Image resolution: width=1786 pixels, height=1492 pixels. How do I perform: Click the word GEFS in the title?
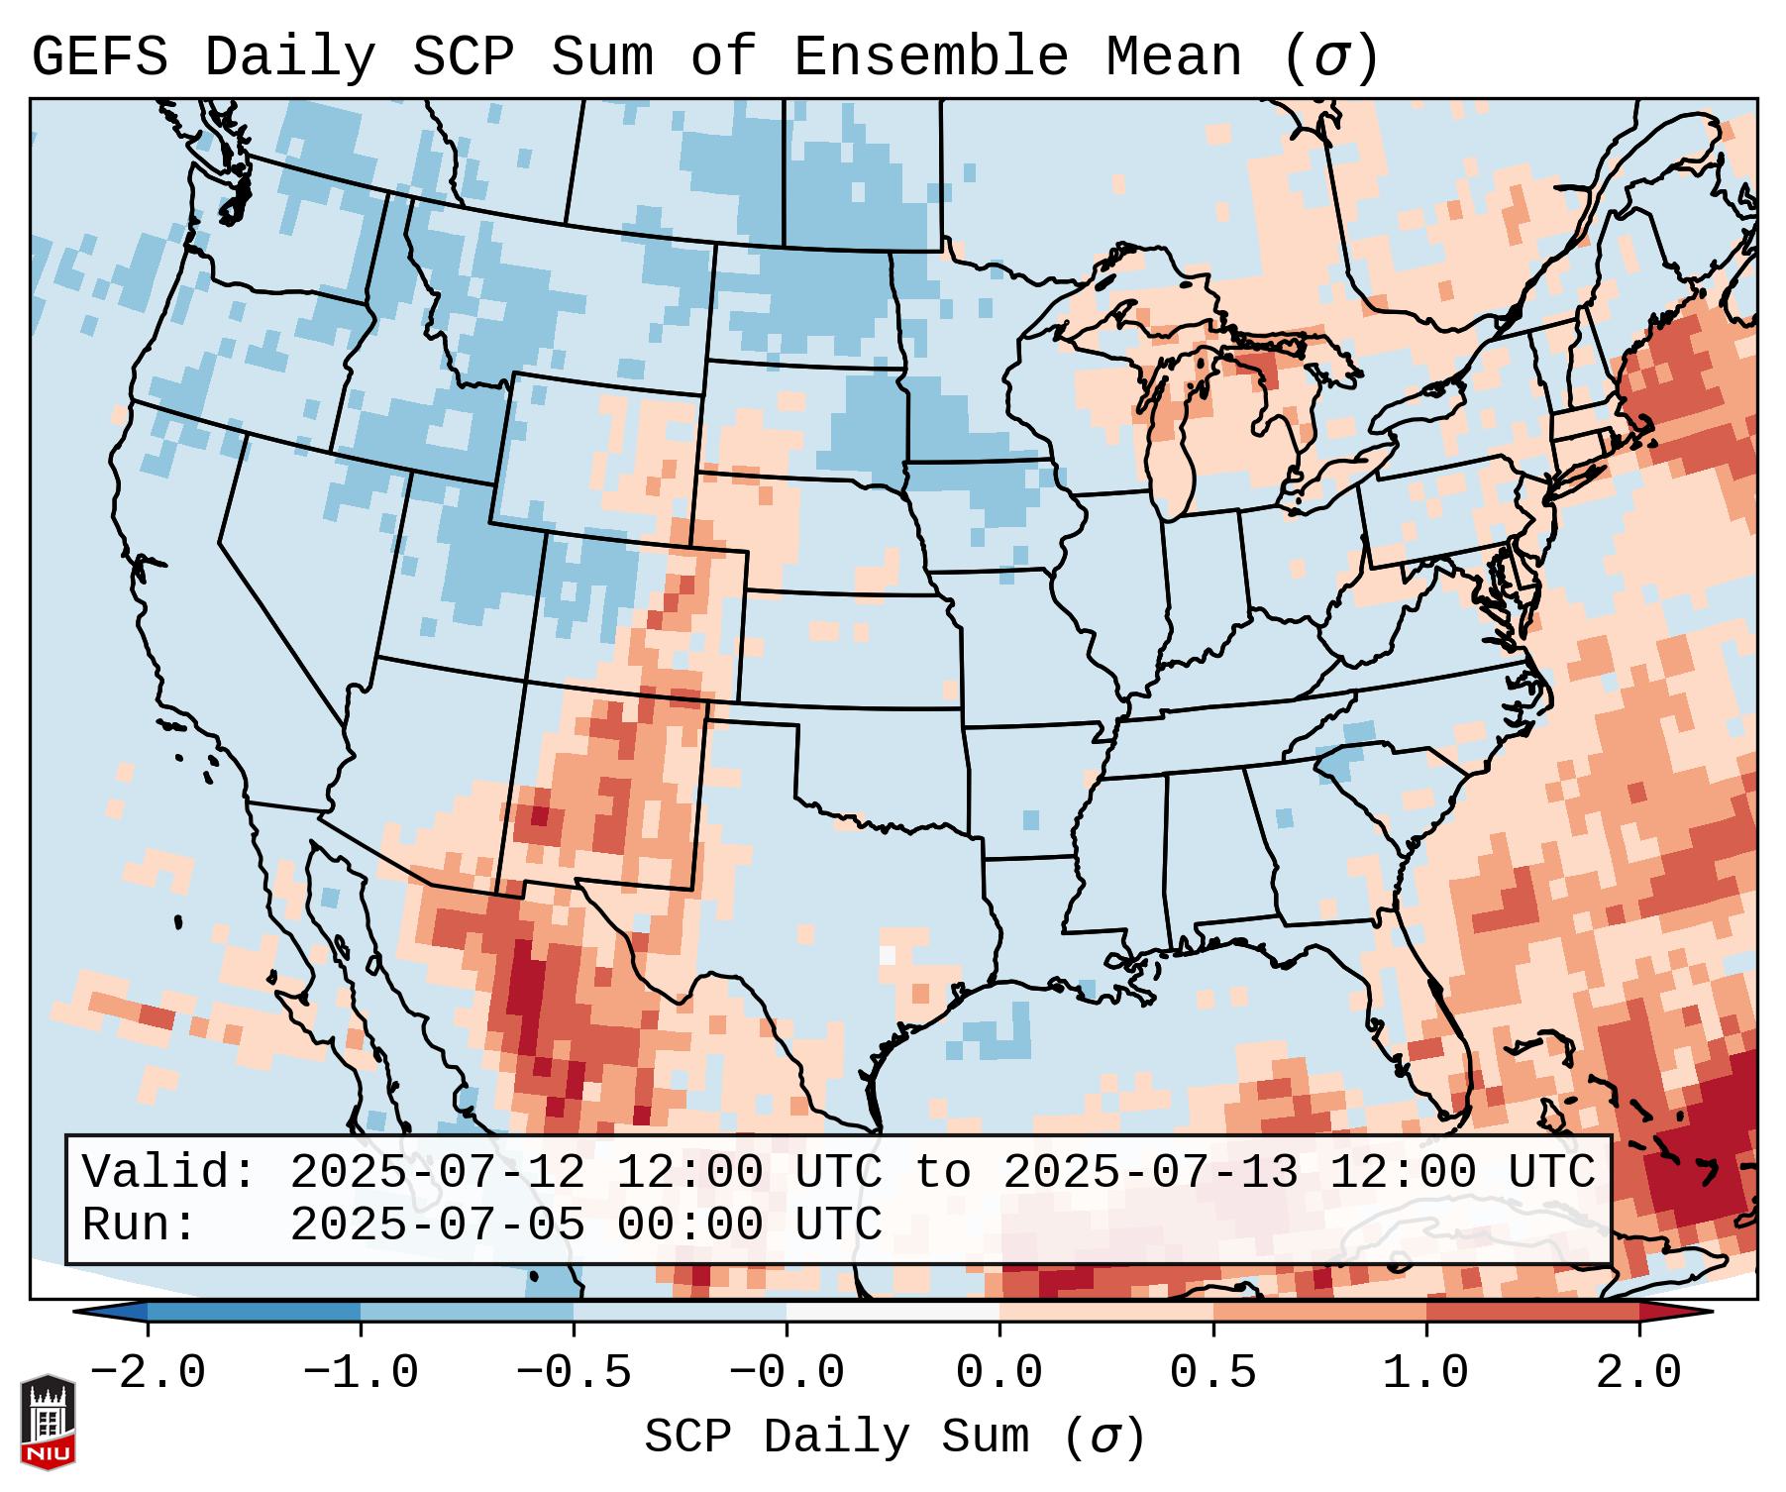tap(99, 57)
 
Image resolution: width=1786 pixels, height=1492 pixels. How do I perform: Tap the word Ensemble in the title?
tap(930, 57)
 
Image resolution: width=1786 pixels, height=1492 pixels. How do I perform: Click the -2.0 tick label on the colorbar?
tap(148, 1373)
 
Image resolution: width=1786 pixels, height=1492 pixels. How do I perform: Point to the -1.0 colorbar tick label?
tap(361, 1373)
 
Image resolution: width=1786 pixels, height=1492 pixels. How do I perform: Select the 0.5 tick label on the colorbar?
tap(1212, 1373)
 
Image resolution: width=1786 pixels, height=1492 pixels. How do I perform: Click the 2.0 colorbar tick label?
tap(1638, 1373)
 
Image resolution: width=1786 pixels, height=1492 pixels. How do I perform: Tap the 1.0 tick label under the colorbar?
tap(1425, 1373)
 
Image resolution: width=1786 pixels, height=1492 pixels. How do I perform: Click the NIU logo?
tap(48, 1422)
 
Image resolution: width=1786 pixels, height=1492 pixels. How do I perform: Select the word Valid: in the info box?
tap(169, 1172)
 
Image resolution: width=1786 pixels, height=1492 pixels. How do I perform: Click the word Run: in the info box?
tap(140, 1225)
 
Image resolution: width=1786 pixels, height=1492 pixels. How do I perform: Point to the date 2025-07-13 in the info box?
tap(1150, 1172)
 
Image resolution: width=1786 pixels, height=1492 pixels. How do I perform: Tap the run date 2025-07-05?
tap(437, 1225)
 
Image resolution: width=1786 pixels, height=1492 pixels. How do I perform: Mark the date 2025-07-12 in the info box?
tap(437, 1172)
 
